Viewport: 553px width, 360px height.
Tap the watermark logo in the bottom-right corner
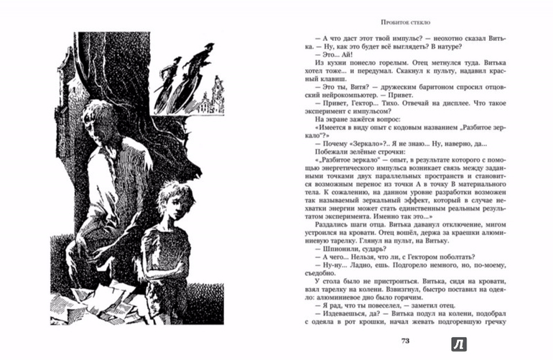pyautogui.click(x=458, y=343)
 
